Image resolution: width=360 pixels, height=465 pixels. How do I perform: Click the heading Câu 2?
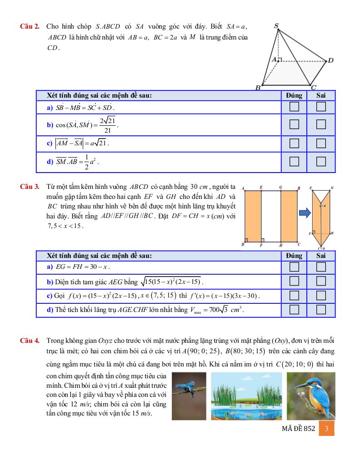(x=30, y=27)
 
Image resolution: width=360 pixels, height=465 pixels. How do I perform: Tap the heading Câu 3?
(x=30, y=187)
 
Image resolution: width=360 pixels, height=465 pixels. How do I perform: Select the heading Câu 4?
(x=30, y=340)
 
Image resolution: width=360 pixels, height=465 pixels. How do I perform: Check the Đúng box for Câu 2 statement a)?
(x=294, y=107)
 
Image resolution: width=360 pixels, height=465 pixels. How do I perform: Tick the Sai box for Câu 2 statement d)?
(x=321, y=162)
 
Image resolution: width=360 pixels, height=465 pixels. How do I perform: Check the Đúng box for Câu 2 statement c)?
(x=294, y=143)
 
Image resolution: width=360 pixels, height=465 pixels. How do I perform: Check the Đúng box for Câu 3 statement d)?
(x=294, y=310)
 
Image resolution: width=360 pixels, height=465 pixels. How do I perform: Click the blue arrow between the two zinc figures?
(x=305, y=212)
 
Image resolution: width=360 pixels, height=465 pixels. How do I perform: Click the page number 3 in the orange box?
(x=326, y=429)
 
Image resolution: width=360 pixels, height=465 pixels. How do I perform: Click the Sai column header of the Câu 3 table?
(x=321, y=256)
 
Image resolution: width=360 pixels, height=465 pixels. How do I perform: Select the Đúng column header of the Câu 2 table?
(x=294, y=95)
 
